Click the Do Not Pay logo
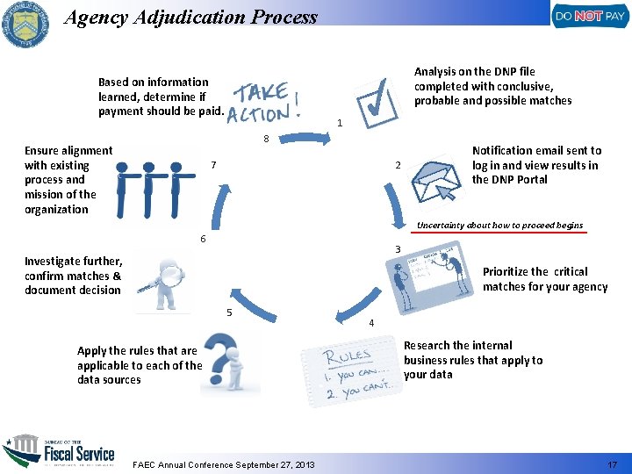[x=588, y=16]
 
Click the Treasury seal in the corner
[x=25, y=25]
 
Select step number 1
[x=340, y=124]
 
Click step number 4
[x=371, y=323]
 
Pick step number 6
[x=203, y=239]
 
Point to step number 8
[x=265, y=139]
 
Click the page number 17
[x=611, y=464]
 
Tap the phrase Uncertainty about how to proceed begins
[x=499, y=226]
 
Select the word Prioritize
[x=504, y=272]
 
